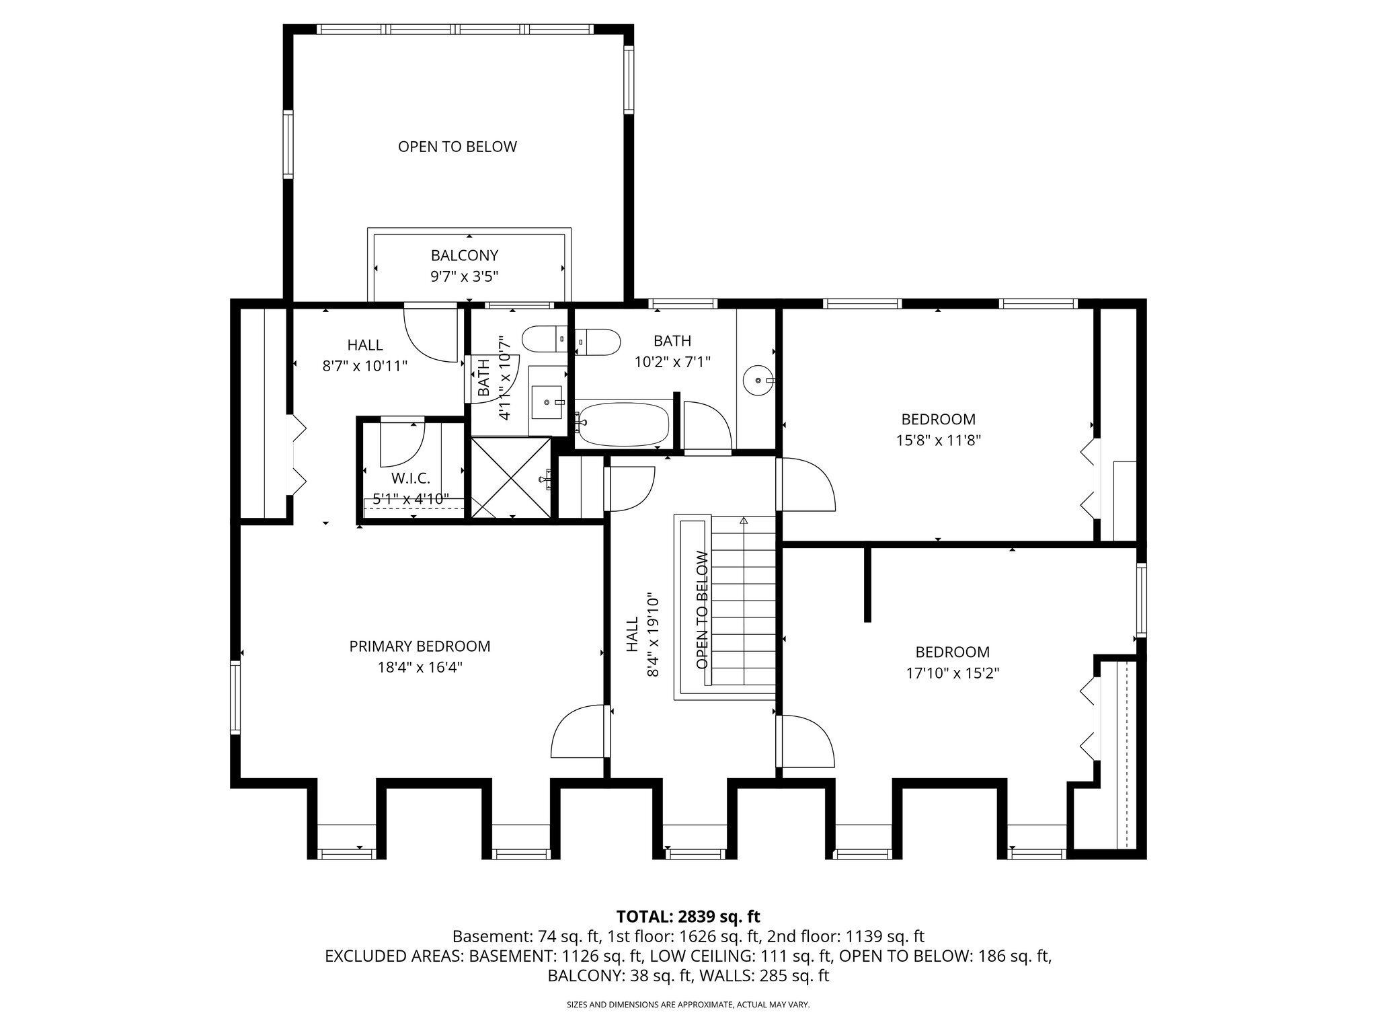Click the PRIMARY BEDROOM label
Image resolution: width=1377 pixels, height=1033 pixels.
coord(420,646)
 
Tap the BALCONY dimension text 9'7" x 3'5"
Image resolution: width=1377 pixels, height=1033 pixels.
coord(465,276)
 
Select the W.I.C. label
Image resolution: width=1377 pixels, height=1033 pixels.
coord(411,478)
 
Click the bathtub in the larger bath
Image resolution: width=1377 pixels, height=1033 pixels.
coord(623,424)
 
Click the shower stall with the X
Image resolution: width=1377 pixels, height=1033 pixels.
coord(511,477)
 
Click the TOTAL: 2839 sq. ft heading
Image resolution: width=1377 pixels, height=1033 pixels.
coord(688,916)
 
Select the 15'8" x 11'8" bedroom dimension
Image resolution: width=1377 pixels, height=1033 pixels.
coord(939,441)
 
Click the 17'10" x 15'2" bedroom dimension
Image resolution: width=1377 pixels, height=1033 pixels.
coord(953,673)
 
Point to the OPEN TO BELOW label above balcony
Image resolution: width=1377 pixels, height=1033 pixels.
coord(457,147)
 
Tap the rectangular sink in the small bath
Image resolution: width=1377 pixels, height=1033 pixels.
coord(547,401)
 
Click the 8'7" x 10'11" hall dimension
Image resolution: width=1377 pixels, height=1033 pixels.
coord(365,366)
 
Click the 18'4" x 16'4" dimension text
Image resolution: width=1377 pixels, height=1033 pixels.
coord(420,668)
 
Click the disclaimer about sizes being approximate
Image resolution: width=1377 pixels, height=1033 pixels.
coord(688,1005)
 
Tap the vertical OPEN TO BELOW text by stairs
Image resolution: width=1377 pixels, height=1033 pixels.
coord(703,610)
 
